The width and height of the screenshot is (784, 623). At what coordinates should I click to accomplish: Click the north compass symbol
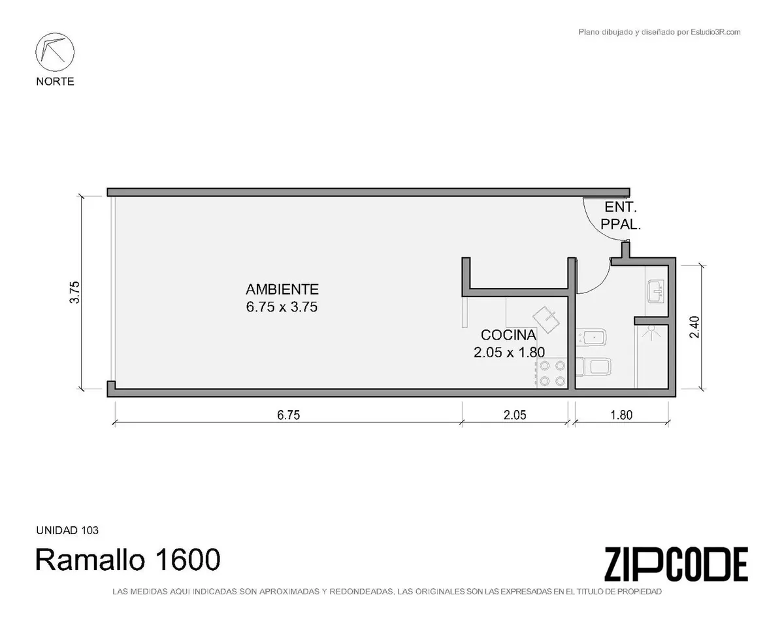tap(55, 52)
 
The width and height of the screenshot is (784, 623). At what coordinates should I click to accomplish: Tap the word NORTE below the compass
tap(55, 81)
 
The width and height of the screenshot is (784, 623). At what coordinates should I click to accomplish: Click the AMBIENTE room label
tap(282, 289)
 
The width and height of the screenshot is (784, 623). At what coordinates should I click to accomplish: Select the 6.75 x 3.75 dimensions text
tap(282, 307)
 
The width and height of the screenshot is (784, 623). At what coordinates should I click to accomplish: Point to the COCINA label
tap(508, 334)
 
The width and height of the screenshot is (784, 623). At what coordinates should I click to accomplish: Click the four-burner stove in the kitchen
tap(552, 373)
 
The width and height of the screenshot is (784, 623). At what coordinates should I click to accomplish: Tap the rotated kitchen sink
tap(546, 319)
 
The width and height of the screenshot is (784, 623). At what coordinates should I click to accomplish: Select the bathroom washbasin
tap(657, 291)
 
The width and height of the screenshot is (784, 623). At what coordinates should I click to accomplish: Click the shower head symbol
tap(651, 332)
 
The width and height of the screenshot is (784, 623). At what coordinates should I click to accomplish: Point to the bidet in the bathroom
tap(591, 337)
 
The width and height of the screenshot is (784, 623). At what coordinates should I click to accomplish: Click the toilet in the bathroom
tap(593, 367)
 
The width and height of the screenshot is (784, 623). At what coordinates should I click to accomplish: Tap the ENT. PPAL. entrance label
tap(621, 216)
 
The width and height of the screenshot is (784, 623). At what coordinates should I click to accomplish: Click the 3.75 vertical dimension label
tap(74, 293)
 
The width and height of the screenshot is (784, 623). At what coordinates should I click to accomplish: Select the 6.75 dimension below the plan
tap(289, 415)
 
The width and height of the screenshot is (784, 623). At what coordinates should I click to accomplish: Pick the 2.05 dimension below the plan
tap(515, 415)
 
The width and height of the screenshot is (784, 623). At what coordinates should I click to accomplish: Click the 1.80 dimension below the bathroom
tap(621, 415)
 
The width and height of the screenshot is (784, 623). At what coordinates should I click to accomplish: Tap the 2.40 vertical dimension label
tap(694, 327)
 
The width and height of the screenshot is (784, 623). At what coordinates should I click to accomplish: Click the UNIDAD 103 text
tap(67, 530)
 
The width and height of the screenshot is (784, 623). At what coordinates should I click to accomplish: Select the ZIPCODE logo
tap(676, 564)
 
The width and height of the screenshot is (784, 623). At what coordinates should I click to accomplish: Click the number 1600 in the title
tap(188, 559)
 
